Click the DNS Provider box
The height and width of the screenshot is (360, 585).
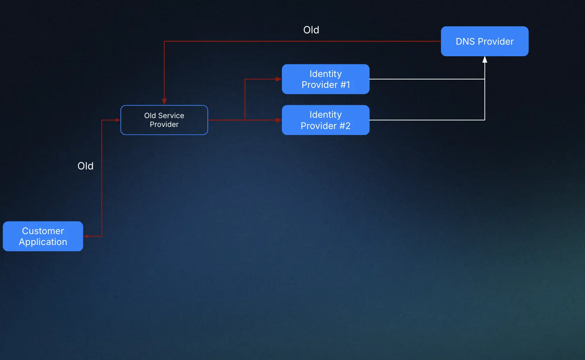point(484,41)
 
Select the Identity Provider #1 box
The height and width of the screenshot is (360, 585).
point(325,79)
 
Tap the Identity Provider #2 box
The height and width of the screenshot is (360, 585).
point(325,120)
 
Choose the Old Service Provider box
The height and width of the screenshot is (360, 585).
point(164,120)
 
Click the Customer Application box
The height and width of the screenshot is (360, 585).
point(43,236)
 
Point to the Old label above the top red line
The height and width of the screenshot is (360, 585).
point(311,30)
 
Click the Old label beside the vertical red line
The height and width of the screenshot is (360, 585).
point(85,166)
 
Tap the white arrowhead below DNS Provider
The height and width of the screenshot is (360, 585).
point(485,60)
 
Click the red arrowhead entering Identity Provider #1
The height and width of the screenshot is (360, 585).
point(278,79)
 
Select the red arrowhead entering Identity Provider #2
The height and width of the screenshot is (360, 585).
point(278,120)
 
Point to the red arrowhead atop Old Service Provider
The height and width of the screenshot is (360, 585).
point(164,102)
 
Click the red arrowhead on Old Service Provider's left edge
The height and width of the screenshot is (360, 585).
point(117,120)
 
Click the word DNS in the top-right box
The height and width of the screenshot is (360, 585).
point(465,41)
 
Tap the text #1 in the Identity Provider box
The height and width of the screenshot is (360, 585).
point(345,85)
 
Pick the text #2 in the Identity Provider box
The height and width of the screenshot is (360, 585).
point(345,126)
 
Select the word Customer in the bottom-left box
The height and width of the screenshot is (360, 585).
point(43,231)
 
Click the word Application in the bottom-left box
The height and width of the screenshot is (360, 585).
point(43,242)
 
